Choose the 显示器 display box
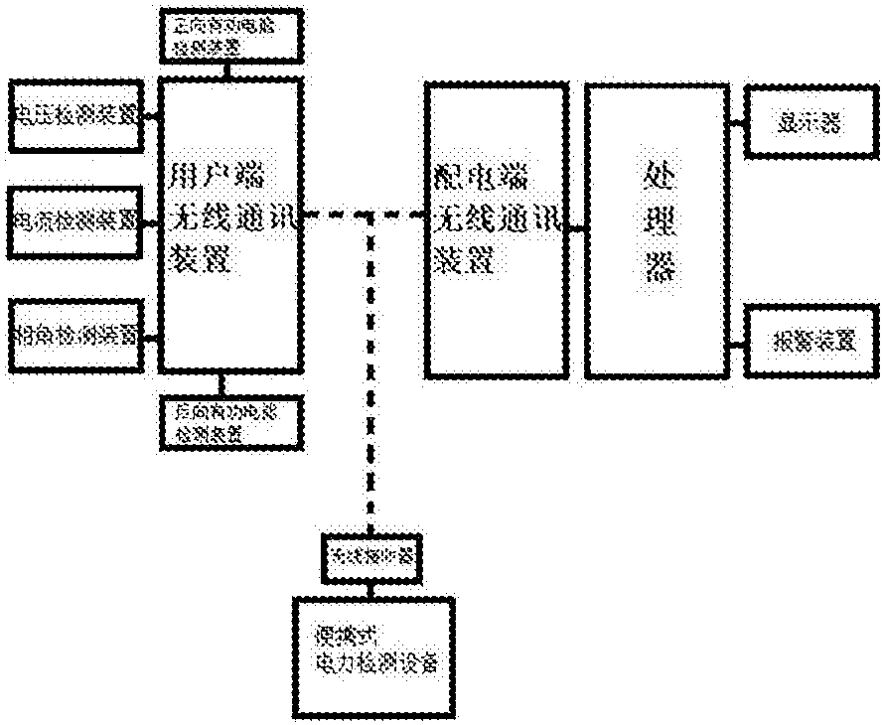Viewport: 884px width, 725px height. pyautogui.click(x=807, y=122)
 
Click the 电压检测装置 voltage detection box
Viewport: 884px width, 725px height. pyautogui.click(x=75, y=115)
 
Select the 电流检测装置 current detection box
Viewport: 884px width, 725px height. pyautogui.click(x=75, y=219)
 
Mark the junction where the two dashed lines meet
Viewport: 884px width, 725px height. pyautogui.click(x=370, y=214)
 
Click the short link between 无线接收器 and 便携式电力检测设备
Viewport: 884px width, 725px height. pyautogui.click(x=370, y=589)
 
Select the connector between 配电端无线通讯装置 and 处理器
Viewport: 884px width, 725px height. pyautogui.click(x=577, y=228)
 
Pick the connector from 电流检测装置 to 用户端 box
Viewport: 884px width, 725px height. pyautogui.click(x=150, y=222)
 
